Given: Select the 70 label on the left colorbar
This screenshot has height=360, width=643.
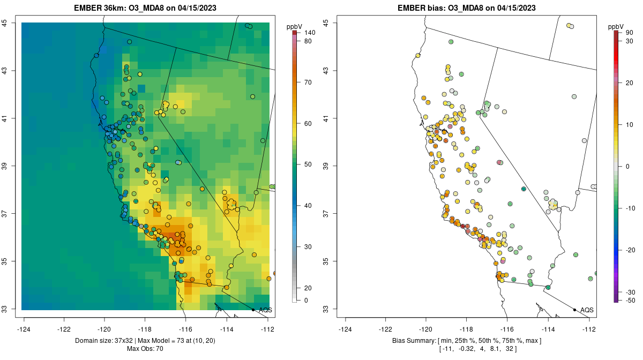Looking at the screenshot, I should pyautogui.click(x=308, y=82).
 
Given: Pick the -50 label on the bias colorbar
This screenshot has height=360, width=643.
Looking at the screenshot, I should pyautogui.click(x=631, y=301).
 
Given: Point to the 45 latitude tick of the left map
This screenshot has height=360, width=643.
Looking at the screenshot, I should pyautogui.click(x=11, y=22).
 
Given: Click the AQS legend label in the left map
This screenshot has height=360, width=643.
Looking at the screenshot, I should pyautogui.click(x=265, y=310).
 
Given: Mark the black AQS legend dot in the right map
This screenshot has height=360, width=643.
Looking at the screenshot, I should pyautogui.click(x=574, y=310).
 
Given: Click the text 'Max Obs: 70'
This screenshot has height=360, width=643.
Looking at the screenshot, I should pyautogui.click(x=145, y=349).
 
